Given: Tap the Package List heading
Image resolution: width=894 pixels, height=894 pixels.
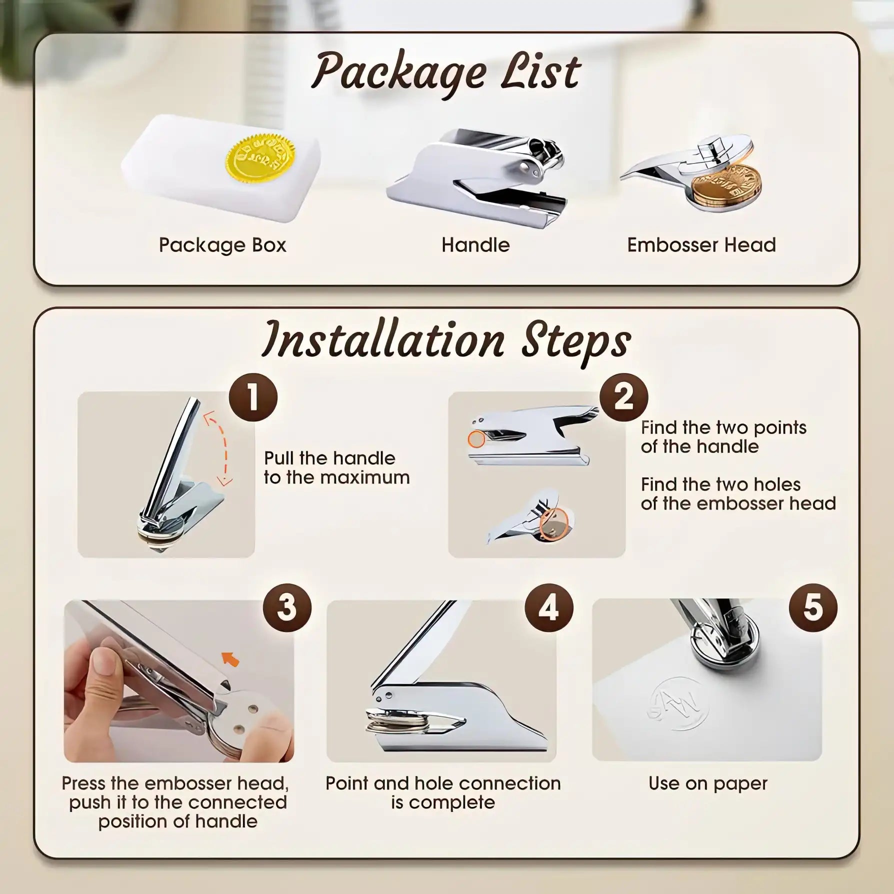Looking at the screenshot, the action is point(446,73).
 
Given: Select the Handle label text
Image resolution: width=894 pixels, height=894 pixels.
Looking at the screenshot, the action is point(475,245).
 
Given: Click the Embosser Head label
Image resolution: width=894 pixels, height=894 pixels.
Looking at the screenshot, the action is point(701,245).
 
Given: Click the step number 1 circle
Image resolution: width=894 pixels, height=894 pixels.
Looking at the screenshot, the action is point(253,397).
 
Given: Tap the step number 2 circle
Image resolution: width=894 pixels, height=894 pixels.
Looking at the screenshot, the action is point(623,397).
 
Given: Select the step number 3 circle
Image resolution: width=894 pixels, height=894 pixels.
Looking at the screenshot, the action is point(287,607).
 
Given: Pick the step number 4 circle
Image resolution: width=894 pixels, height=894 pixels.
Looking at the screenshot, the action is point(548,607).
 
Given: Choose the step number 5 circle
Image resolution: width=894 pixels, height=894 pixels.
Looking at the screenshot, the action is point(813,607).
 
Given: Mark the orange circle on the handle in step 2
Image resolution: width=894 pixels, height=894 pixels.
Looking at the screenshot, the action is point(476,439).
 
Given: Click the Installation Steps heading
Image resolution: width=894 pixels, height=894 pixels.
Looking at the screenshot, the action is point(446,340).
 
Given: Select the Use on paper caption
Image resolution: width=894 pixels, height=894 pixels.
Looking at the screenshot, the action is point(707,783).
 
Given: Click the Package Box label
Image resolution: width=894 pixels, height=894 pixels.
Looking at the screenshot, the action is point(222,245).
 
